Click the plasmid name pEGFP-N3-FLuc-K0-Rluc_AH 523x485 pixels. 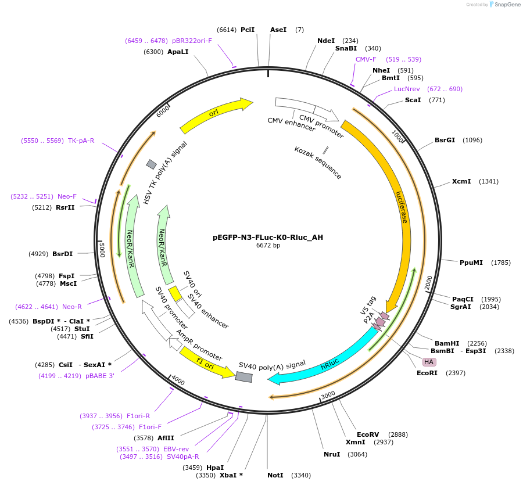coord(268,237)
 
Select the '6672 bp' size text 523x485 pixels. coord(268,246)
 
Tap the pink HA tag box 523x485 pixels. coord(429,362)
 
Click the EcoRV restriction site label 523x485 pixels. coord(368,434)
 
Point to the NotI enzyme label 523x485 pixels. coord(275,475)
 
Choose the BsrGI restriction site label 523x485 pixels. coord(445,140)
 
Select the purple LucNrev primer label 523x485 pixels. coord(407,89)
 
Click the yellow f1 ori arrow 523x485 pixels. coord(207,362)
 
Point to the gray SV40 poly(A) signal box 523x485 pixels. coord(243,377)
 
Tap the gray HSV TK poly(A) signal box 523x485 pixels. coord(151,164)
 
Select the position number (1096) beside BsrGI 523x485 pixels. coord(472,140)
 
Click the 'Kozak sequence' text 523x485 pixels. coord(318,163)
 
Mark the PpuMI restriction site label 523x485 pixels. coord(471,263)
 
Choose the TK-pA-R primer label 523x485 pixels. coord(81,141)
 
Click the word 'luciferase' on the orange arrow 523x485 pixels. coord(402,207)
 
